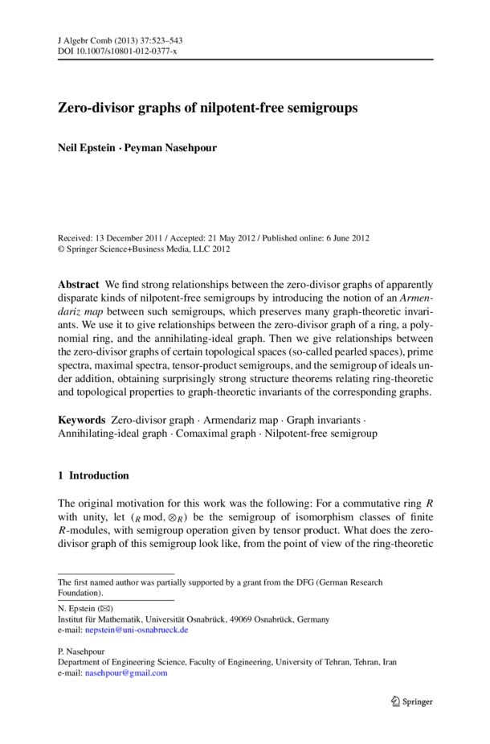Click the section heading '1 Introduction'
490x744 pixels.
[92, 476]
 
